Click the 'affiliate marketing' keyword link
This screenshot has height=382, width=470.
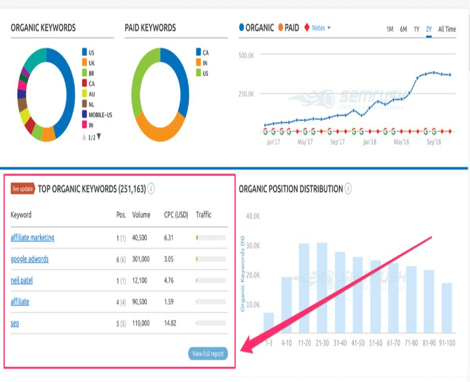point(32,237)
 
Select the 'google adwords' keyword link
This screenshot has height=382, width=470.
point(29,259)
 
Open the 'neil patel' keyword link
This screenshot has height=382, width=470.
point(22,280)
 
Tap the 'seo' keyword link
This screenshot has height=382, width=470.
point(15,323)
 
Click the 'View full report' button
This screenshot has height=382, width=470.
point(208,354)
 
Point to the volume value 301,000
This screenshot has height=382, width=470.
point(141,259)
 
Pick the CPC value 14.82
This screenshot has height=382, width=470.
point(172,323)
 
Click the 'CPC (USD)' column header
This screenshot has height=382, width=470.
point(176,215)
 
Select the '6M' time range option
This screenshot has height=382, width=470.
point(403,29)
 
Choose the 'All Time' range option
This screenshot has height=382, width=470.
point(446,29)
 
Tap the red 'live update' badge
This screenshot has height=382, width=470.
point(22,189)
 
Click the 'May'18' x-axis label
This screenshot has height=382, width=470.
point(401,142)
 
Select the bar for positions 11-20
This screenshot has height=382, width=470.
point(304,288)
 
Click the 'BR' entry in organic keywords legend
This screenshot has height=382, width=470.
point(91,73)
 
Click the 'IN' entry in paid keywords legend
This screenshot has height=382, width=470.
point(205,63)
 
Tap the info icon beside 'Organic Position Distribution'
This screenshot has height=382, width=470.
point(348,189)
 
